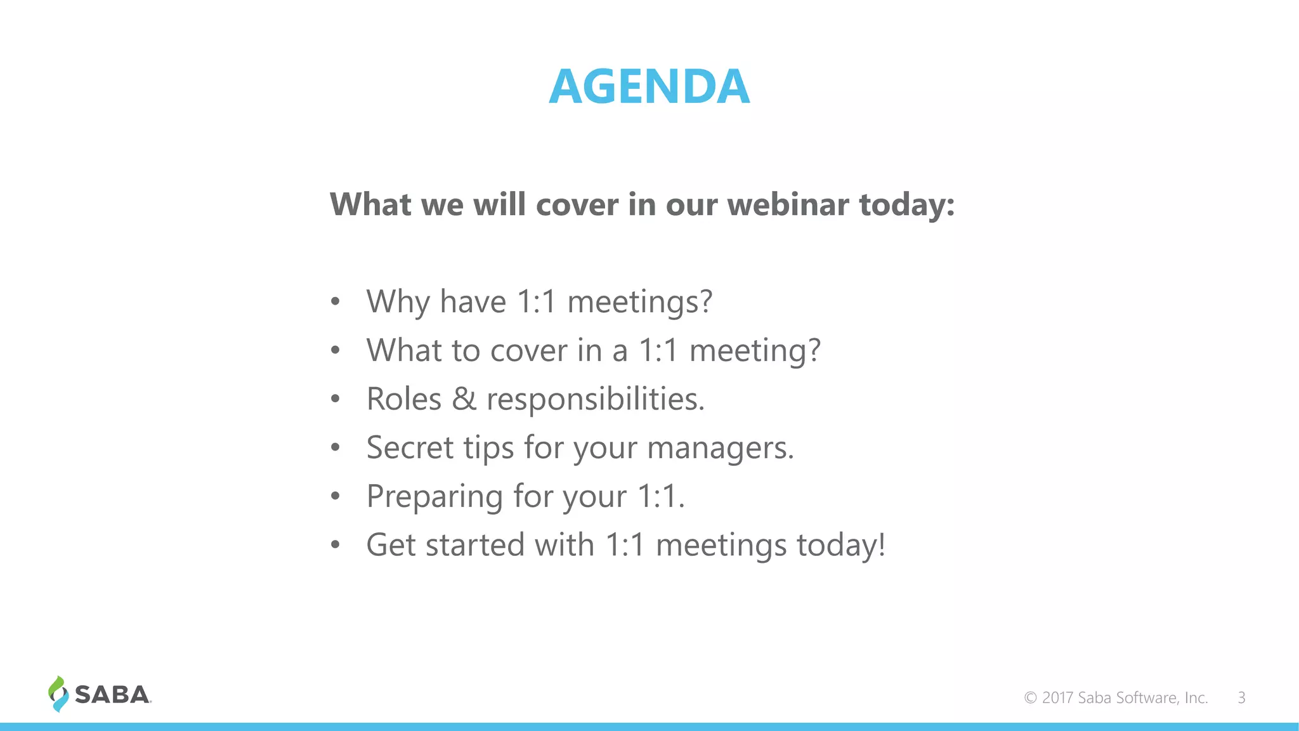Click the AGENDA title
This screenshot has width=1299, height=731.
point(649,86)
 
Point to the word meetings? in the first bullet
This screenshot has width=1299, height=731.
point(639,302)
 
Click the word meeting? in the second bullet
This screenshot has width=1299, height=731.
point(755,351)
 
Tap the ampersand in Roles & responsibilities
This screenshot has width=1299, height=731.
point(464,399)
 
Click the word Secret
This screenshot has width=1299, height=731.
point(410,448)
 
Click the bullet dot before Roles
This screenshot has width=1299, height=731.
point(336,399)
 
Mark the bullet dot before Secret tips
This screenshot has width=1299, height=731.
point(336,448)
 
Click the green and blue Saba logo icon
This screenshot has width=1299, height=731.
point(58,694)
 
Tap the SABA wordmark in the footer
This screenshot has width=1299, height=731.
point(112,695)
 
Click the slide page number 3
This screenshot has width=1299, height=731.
point(1241,698)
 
